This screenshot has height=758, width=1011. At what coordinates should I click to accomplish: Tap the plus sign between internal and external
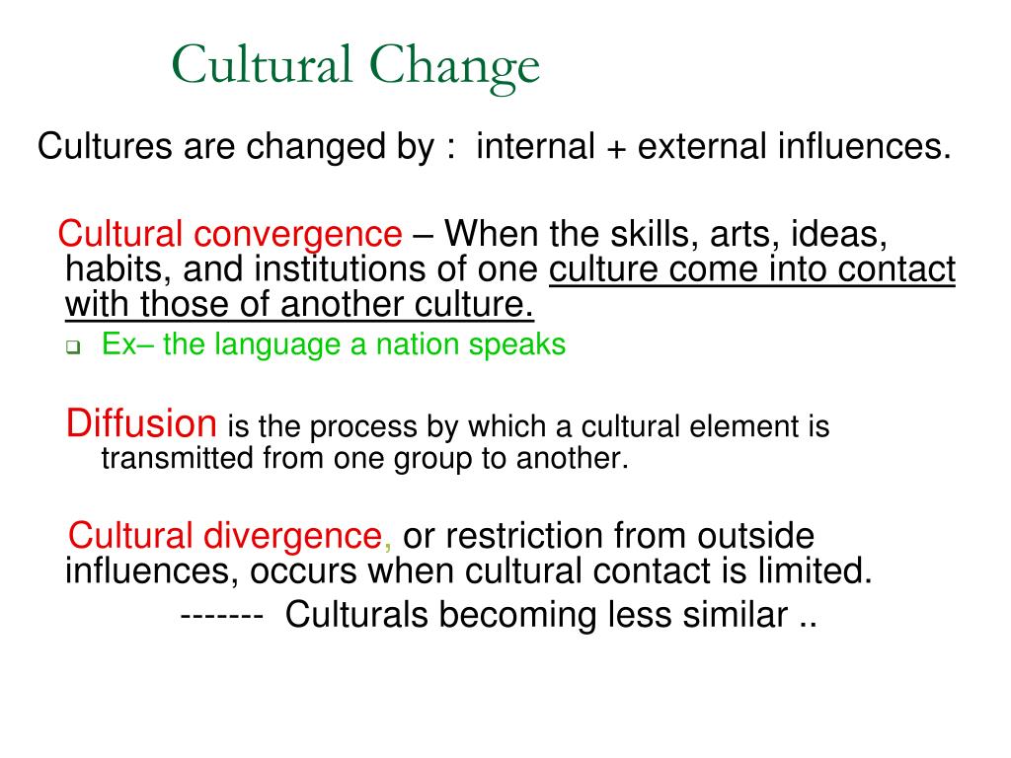click(616, 148)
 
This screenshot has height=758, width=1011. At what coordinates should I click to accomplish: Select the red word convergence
click(298, 235)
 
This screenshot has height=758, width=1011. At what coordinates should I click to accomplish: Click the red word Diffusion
click(141, 423)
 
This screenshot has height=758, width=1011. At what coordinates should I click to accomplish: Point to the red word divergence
click(292, 536)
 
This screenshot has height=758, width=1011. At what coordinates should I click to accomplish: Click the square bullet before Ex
click(73, 347)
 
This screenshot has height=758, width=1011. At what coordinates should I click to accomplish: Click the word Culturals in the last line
click(356, 614)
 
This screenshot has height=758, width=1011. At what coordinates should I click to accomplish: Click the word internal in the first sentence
click(535, 146)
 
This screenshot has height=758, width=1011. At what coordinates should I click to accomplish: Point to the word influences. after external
click(864, 146)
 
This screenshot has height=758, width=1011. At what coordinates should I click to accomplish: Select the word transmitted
click(178, 458)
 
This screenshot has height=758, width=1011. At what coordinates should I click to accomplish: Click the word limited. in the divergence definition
click(815, 570)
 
